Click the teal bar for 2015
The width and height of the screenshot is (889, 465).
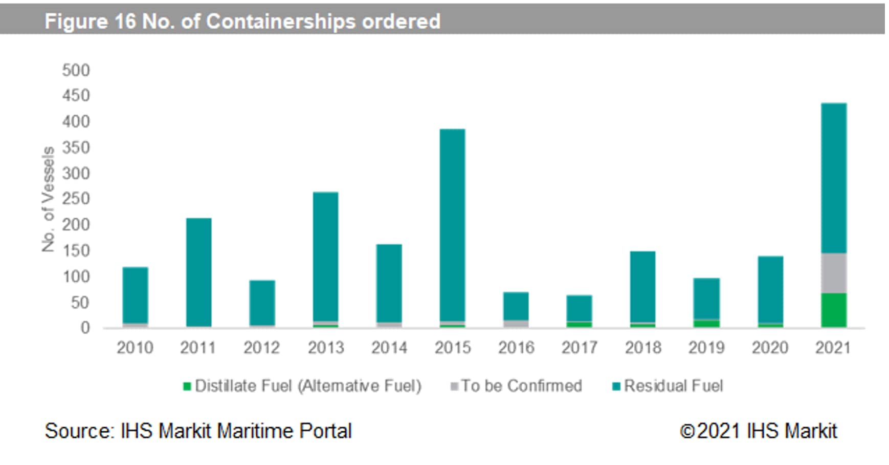(453, 225)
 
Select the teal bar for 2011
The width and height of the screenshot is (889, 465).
(198, 271)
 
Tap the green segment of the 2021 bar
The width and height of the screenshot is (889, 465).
(834, 310)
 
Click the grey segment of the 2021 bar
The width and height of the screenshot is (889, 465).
(834, 273)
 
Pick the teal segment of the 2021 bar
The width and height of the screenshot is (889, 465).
(834, 178)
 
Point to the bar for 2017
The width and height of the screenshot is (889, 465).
(580, 308)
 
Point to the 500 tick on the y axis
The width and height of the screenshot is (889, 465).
(76, 70)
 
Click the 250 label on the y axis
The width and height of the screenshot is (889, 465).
(76, 199)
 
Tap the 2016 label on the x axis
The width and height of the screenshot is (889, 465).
(516, 348)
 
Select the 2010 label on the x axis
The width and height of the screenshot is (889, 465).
(135, 348)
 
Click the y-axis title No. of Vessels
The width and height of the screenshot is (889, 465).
(49, 199)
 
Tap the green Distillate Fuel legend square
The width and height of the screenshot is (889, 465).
(187, 386)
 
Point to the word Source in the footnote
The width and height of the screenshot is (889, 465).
(78, 431)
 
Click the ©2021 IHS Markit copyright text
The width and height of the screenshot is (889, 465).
(758, 431)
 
